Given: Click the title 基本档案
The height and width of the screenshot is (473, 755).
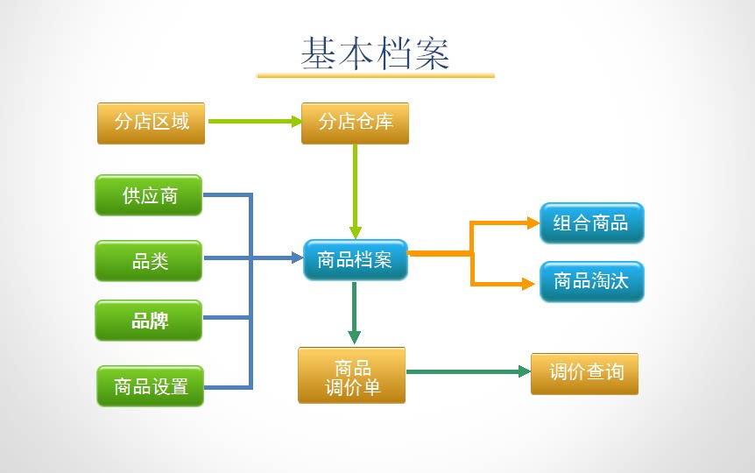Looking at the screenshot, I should click(375, 53).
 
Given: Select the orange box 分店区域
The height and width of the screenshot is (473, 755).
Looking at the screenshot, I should click(151, 123).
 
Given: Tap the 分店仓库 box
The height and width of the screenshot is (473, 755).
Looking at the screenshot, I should click(355, 123).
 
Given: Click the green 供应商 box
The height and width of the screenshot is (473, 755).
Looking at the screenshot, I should click(149, 195).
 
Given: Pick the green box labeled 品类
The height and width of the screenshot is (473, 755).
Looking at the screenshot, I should click(149, 260).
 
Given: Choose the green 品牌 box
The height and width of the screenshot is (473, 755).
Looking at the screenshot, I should click(149, 321).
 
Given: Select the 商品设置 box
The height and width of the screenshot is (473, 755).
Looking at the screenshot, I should click(150, 386).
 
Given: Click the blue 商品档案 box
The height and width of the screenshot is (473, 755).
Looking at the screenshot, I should click(355, 259).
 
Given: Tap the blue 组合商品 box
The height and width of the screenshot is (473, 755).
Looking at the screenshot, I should click(591, 222).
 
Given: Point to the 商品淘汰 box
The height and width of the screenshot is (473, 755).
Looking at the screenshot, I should click(591, 282).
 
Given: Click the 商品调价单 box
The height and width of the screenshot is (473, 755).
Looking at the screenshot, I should click(352, 376).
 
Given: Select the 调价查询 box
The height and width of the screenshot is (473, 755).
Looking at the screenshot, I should click(584, 373).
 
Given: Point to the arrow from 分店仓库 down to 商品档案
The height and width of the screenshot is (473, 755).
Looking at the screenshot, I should click(355, 188).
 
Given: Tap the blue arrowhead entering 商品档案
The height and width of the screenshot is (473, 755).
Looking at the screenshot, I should click(296, 258).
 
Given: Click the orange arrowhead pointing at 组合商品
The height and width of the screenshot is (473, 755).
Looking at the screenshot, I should click(533, 223).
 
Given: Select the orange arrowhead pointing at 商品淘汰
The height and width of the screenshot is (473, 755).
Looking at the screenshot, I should click(528, 284).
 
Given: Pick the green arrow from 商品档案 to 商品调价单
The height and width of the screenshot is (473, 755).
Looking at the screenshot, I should click(354, 311).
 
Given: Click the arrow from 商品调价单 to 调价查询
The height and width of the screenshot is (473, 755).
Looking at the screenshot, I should click(469, 371).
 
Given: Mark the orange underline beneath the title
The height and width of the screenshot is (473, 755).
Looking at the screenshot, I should click(375, 76).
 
